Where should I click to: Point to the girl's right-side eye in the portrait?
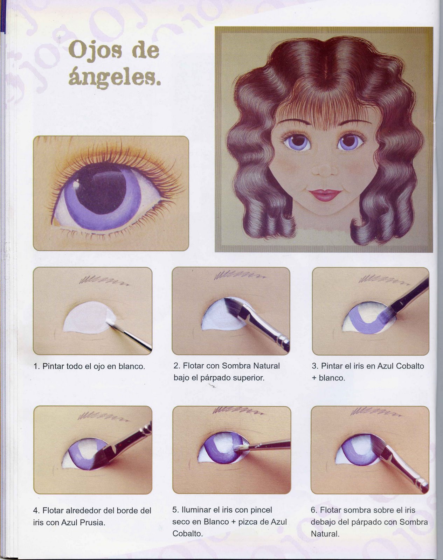(349, 142)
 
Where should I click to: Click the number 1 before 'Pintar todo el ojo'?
(36, 366)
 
